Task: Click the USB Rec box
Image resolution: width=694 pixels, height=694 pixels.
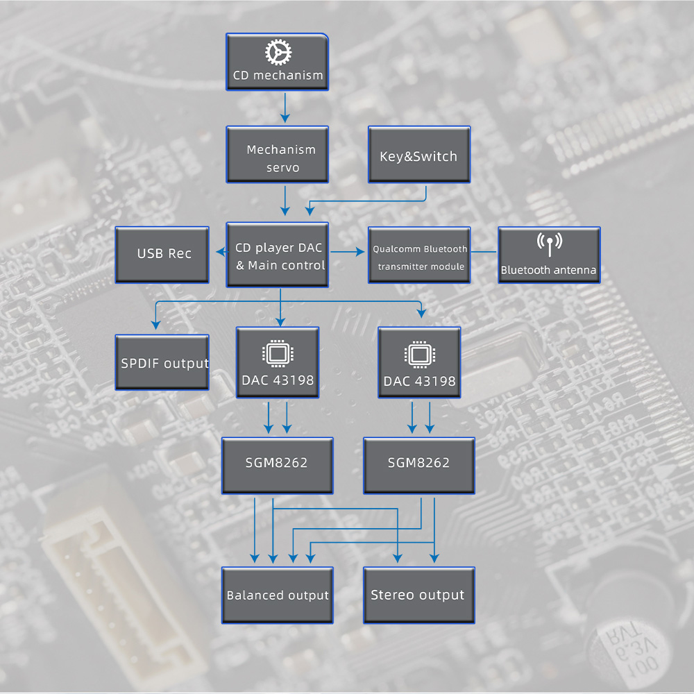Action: click(162, 254)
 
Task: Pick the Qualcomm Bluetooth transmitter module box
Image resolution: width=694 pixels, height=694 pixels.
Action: click(419, 255)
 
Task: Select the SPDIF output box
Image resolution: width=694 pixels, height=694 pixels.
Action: click(162, 362)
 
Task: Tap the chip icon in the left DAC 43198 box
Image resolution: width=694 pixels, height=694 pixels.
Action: click(278, 354)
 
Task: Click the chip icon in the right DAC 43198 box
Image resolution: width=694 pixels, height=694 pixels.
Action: click(419, 354)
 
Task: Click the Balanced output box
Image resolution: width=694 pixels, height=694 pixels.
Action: click(278, 595)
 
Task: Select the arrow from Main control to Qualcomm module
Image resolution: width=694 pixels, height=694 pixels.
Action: click(349, 251)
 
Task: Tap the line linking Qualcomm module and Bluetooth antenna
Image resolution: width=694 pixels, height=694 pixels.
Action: click(484, 251)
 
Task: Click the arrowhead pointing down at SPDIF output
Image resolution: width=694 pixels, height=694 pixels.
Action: click(155, 323)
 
